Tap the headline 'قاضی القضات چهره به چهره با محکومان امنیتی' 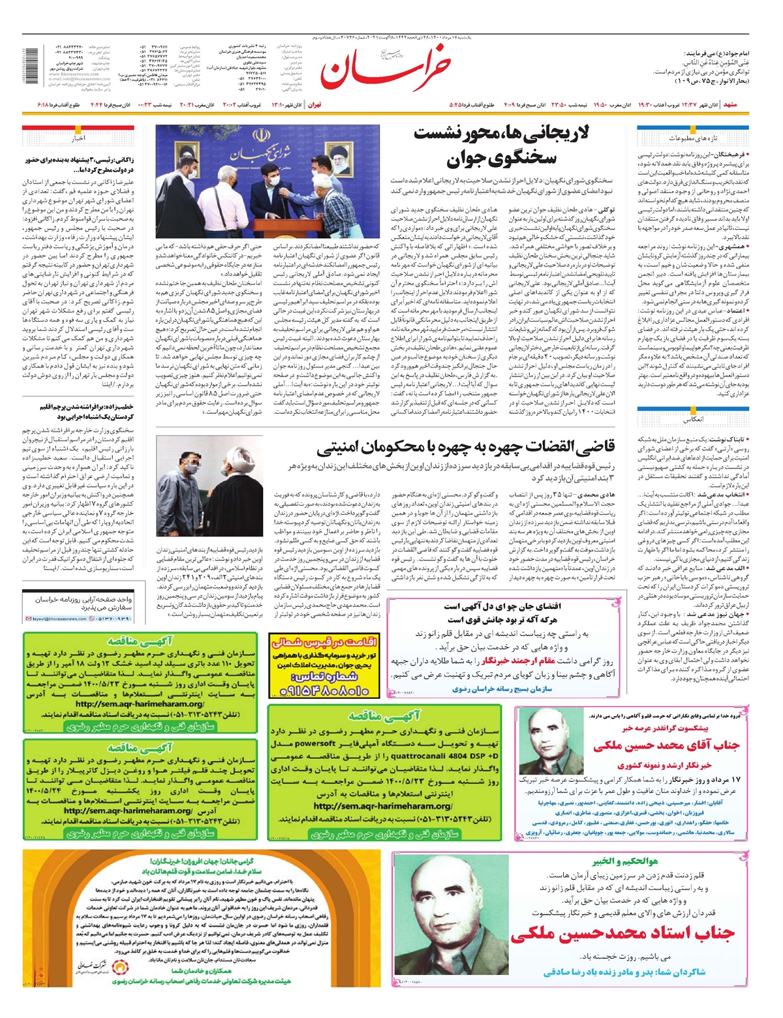point(466,448)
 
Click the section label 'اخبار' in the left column point(78,138)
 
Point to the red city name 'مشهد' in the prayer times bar point(729,104)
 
